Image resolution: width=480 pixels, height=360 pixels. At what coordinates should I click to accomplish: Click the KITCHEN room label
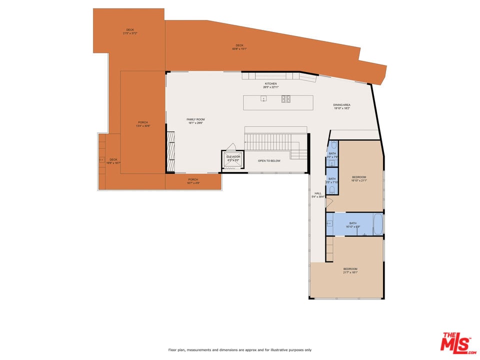pos(270,84)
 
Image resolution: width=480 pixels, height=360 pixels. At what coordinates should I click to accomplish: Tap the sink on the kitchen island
pos(263,98)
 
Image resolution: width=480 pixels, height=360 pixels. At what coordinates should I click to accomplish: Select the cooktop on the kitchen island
pos(286,99)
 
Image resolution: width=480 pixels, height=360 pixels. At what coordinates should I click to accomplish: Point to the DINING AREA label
pos(341,105)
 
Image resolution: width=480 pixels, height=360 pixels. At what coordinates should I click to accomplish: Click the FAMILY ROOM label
pos(195,119)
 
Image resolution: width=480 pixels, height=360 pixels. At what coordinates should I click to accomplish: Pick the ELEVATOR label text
pos(233,156)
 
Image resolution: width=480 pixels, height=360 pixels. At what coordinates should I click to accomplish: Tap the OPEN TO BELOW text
pos(269,161)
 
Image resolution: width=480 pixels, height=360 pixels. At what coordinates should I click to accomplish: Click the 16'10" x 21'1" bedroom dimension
pos(359,180)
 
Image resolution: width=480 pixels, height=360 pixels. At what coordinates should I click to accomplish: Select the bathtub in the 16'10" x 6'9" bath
pos(377,224)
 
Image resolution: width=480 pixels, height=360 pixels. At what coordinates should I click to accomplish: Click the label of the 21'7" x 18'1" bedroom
pos(350,269)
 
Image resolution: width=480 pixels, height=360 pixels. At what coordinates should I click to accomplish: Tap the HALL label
pos(318,193)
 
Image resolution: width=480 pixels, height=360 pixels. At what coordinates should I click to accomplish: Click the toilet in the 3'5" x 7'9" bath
pos(333,145)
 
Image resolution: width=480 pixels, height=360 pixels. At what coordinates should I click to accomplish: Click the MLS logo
pos(455,342)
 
